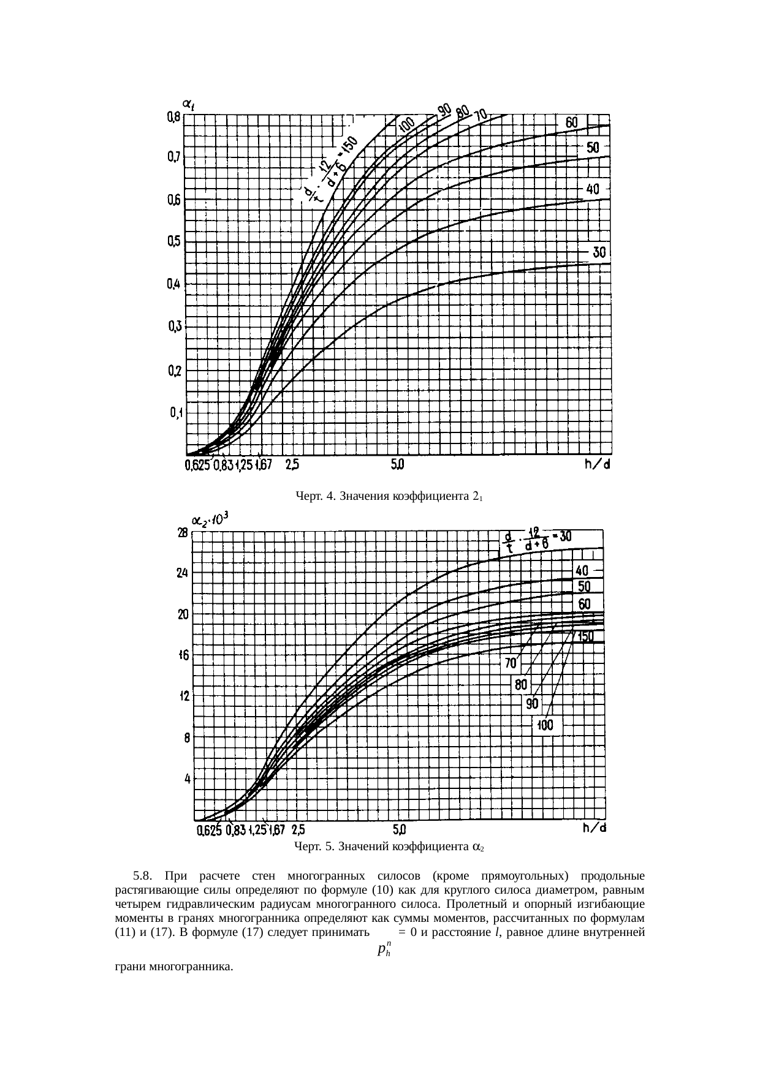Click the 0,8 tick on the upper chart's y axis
(x=173, y=116)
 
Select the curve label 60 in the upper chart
(x=571, y=123)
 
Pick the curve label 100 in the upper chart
(x=406, y=127)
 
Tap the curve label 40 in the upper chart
(x=593, y=189)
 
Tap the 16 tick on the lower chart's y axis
(x=183, y=655)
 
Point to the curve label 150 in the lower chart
(x=585, y=637)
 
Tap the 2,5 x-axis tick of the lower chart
(x=298, y=830)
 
